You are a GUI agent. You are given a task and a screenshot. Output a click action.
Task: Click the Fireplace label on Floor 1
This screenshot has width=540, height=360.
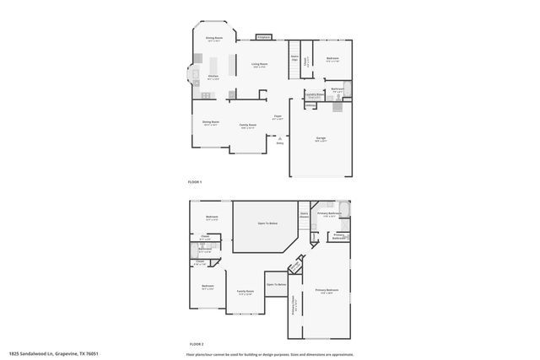pos(263,37)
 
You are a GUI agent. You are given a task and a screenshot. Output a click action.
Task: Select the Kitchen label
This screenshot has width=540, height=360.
pos(213,76)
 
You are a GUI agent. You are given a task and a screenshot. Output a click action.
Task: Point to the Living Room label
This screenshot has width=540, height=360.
pos(259,63)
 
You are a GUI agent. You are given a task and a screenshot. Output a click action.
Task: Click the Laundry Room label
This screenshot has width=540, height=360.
pos(313,95)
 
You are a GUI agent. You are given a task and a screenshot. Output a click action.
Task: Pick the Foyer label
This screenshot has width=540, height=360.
pos(278,116)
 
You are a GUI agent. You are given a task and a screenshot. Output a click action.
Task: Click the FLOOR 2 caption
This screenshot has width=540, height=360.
pos(196,344)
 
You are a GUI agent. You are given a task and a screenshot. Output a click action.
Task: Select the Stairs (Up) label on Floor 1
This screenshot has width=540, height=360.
pos(295,59)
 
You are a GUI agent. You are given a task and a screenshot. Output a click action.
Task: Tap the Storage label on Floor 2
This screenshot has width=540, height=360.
pos(294,269)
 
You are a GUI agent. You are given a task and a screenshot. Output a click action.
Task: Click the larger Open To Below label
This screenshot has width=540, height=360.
pos(267,223)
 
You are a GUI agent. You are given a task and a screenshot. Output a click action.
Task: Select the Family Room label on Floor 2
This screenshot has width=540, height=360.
pos(246,293)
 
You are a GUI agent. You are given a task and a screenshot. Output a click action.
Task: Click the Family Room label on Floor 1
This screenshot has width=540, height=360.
pos(247,125)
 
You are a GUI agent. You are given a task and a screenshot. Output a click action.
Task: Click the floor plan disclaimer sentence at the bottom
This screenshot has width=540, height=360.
pos(276,354)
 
